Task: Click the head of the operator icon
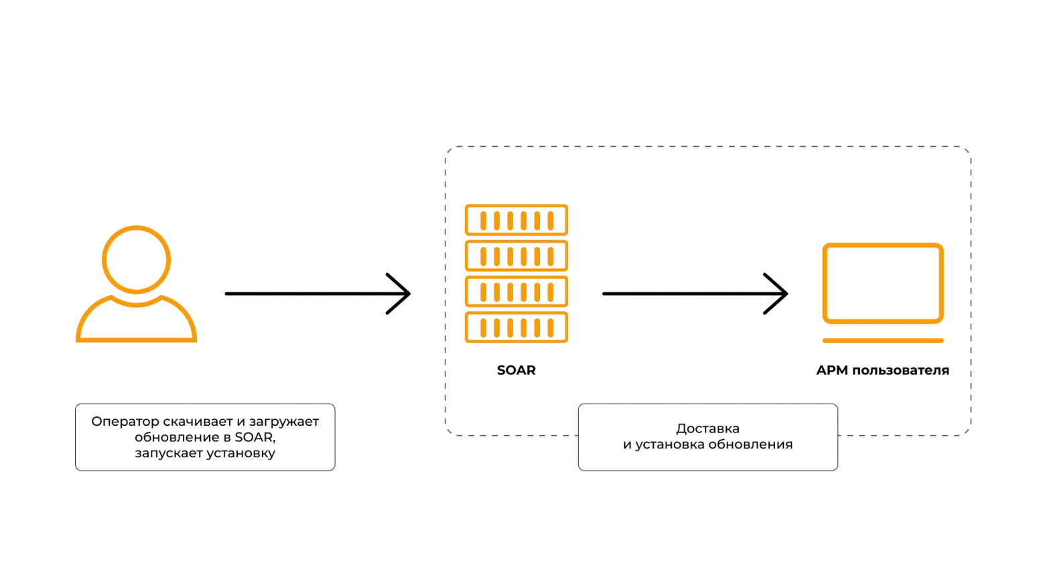(136, 259)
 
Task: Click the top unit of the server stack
(516, 220)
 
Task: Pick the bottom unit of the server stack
(516, 327)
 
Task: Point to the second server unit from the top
(516, 255)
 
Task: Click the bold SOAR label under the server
(516, 370)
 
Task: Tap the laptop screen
(883, 283)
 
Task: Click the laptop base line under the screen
(883, 341)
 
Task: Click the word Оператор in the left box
(125, 422)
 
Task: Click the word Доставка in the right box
(707, 428)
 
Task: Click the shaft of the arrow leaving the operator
(308, 294)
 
